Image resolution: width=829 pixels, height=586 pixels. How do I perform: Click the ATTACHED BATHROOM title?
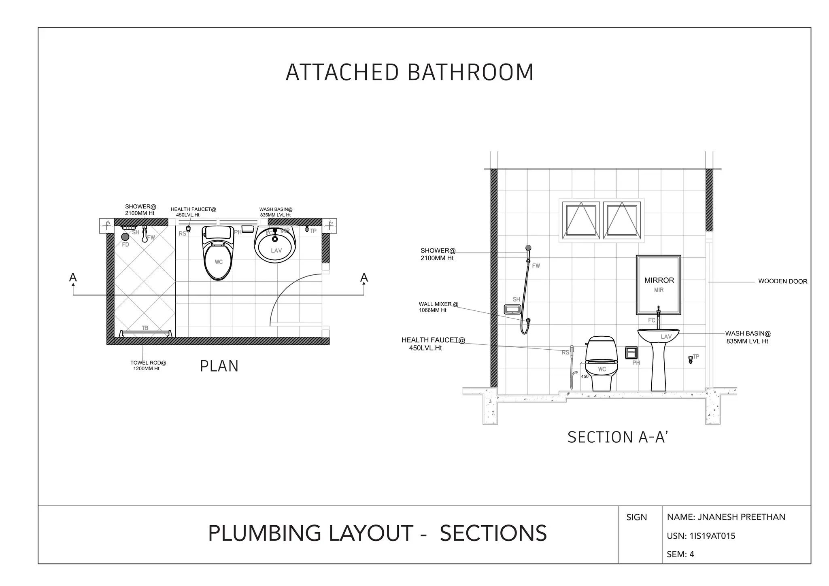click(410, 72)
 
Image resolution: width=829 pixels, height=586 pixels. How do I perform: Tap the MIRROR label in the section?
click(659, 280)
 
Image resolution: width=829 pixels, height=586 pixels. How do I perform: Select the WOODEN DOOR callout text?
click(782, 282)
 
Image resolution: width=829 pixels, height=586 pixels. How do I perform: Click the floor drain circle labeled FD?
click(125, 237)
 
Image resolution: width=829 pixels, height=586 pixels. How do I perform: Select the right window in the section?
click(622, 220)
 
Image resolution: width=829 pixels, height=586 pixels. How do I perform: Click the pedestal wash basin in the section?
click(659, 356)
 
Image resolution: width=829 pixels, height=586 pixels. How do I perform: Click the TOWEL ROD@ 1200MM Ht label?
click(148, 366)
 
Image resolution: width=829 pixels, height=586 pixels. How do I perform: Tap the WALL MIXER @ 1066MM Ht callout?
click(438, 307)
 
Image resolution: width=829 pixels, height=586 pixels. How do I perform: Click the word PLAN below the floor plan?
click(219, 366)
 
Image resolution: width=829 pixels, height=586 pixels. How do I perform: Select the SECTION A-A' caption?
click(617, 437)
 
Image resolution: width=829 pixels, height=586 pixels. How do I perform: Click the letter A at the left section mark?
click(73, 278)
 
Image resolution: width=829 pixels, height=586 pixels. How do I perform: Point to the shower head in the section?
click(528, 248)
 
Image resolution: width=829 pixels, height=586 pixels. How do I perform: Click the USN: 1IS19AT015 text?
click(701, 536)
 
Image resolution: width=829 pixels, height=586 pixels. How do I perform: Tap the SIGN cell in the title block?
click(636, 518)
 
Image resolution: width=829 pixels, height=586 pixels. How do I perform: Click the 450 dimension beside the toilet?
click(585, 377)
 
